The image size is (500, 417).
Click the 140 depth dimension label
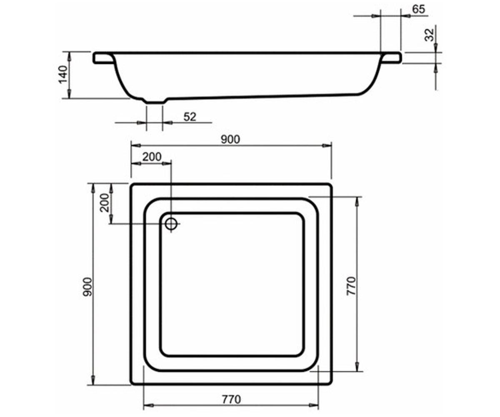[x=63, y=74]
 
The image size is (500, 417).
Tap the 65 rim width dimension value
[x=419, y=9]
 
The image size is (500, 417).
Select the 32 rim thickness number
[x=429, y=35]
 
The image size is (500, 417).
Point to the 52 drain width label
[x=190, y=117]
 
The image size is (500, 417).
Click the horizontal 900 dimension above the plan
[x=230, y=139]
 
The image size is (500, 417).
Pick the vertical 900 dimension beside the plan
[x=87, y=287]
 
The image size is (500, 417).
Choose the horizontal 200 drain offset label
[x=152, y=157]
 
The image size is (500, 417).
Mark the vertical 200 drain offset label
[x=105, y=203]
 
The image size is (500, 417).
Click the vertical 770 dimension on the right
[x=351, y=286]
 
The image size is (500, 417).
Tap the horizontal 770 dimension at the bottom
[x=232, y=399]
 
